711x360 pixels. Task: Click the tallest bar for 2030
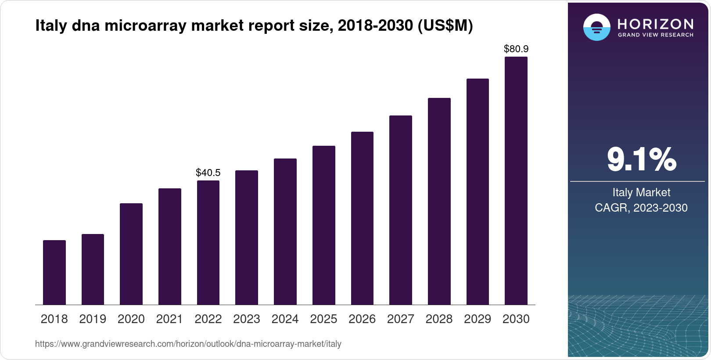point(516,180)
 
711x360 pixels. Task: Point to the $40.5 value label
point(208,173)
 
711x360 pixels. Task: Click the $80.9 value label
point(516,49)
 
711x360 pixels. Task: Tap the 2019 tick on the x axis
point(93,319)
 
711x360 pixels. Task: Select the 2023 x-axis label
point(246,319)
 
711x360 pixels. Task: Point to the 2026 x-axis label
point(362,319)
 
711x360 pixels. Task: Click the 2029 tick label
point(477,319)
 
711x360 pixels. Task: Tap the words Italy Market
point(641,192)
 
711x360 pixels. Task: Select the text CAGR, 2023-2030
point(641,208)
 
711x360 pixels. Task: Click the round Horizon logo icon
point(596,27)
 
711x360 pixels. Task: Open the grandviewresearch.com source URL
point(188,344)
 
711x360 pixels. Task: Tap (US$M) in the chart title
point(445,25)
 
